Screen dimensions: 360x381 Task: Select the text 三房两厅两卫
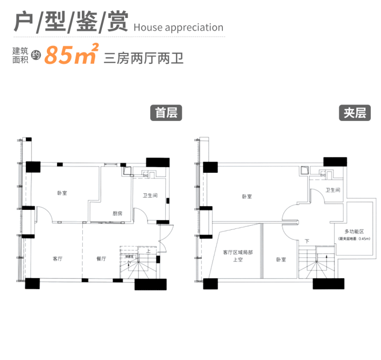coord(144,57)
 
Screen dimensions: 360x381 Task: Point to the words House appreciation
coord(178,28)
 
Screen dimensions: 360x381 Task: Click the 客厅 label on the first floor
coord(58,259)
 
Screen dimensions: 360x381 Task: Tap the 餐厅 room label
coord(100,259)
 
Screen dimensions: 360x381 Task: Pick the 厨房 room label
coord(117,213)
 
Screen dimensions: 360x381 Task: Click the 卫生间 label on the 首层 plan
coord(150,195)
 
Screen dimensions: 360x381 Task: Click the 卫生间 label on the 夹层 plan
coord(333,190)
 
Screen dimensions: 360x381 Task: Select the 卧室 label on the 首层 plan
coord(62,193)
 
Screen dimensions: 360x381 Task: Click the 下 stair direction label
coord(307,241)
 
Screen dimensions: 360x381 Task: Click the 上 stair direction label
coord(148,252)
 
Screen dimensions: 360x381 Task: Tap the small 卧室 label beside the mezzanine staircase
coord(280,260)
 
